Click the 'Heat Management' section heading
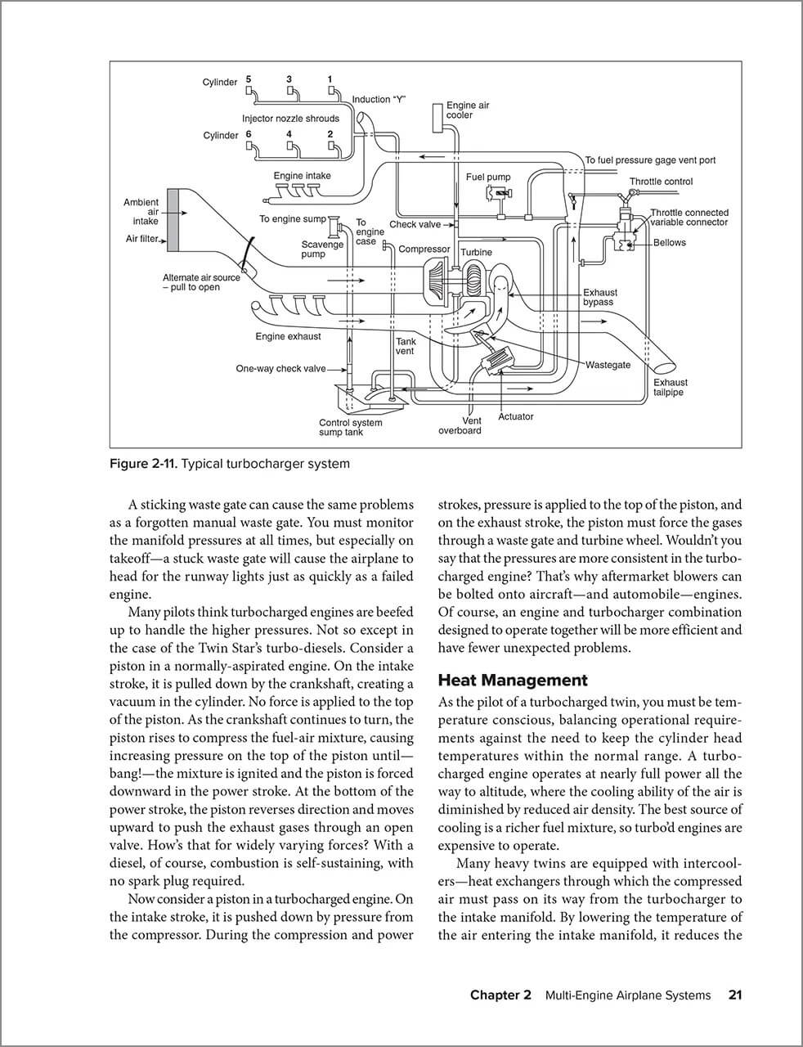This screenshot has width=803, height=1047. click(x=513, y=680)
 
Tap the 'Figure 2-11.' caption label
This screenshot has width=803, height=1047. click(x=142, y=464)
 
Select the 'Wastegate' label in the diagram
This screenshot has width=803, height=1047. click(x=608, y=365)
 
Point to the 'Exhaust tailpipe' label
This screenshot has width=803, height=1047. click(x=670, y=387)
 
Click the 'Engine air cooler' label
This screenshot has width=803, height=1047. click(x=467, y=110)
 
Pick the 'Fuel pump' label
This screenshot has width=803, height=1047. click(x=487, y=177)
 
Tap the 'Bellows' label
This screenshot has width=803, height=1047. click(x=669, y=243)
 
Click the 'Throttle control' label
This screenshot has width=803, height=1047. click(x=660, y=182)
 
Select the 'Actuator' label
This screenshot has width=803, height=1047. click(x=515, y=416)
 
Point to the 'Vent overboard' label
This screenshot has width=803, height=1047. click(x=460, y=425)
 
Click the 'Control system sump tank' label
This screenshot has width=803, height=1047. click(x=350, y=427)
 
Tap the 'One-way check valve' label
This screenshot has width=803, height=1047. click(x=280, y=369)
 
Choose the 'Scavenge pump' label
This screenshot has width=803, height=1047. click(x=322, y=249)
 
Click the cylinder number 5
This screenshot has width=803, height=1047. click(x=248, y=79)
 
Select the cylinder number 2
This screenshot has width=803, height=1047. click(x=330, y=134)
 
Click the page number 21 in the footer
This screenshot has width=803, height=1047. click(x=734, y=995)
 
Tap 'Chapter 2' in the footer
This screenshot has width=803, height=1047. click(x=500, y=995)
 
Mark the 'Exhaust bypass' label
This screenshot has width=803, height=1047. click(x=599, y=297)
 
